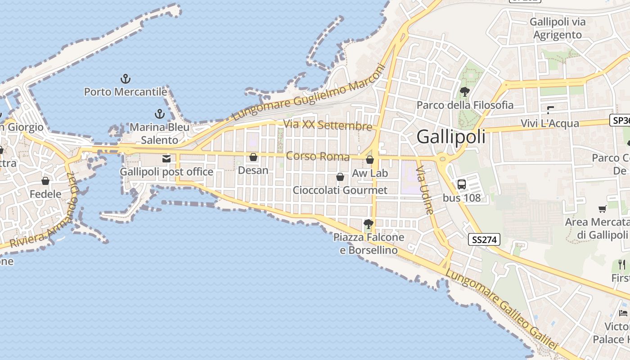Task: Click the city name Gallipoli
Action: pyautogui.click(x=451, y=136)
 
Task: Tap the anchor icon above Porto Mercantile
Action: pyautogui.click(x=126, y=79)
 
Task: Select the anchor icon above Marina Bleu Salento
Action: pyautogui.click(x=159, y=114)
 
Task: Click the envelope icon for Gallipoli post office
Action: pyautogui.click(x=166, y=159)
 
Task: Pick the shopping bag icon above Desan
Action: pyautogui.click(x=253, y=157)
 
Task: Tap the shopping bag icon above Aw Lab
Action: pyautogui.click(x=370, y=160)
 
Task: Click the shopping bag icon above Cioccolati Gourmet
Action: pyautogui.click(x=340, y=177)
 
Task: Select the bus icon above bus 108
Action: pyautogui.click(x=462, y=184)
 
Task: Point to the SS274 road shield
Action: pyautogui.click(x=484, y=240)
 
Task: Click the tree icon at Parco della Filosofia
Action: pyautogui.click(x=465, y=92)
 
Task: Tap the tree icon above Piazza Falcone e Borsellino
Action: pyautogui.click(x=369, y=224)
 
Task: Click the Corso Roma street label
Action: pyautogui.click(x=318, y=157)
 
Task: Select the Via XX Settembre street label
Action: pyautogui.click(x=328, y=125)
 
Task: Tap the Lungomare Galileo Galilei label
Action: pyautogui.click(x=502, y=310)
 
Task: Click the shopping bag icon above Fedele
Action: pyautogui.click(x=45, y=181)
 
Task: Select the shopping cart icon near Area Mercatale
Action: pyautogui.click(x=603, y=208)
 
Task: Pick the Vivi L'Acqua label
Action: pyautogui.click(x=550, y=123)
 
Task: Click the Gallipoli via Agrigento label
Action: pyautogui.click(x=558, y=28)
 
